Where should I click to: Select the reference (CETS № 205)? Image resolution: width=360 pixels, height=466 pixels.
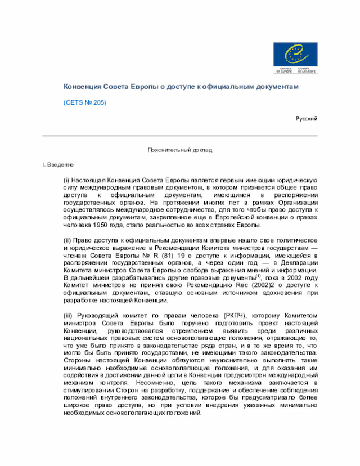click(84, 103)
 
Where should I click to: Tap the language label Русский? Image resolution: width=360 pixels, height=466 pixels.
click(307, 119)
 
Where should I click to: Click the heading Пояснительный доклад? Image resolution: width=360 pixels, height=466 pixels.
click(180, 150)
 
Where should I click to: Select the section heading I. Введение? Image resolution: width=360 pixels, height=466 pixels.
click(58, 164)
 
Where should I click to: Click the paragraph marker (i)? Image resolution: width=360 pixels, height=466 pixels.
click(66, 179)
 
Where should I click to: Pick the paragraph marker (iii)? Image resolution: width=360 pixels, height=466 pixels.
click(67, 316)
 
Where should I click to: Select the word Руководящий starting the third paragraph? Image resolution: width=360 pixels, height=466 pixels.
click(94, 316)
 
